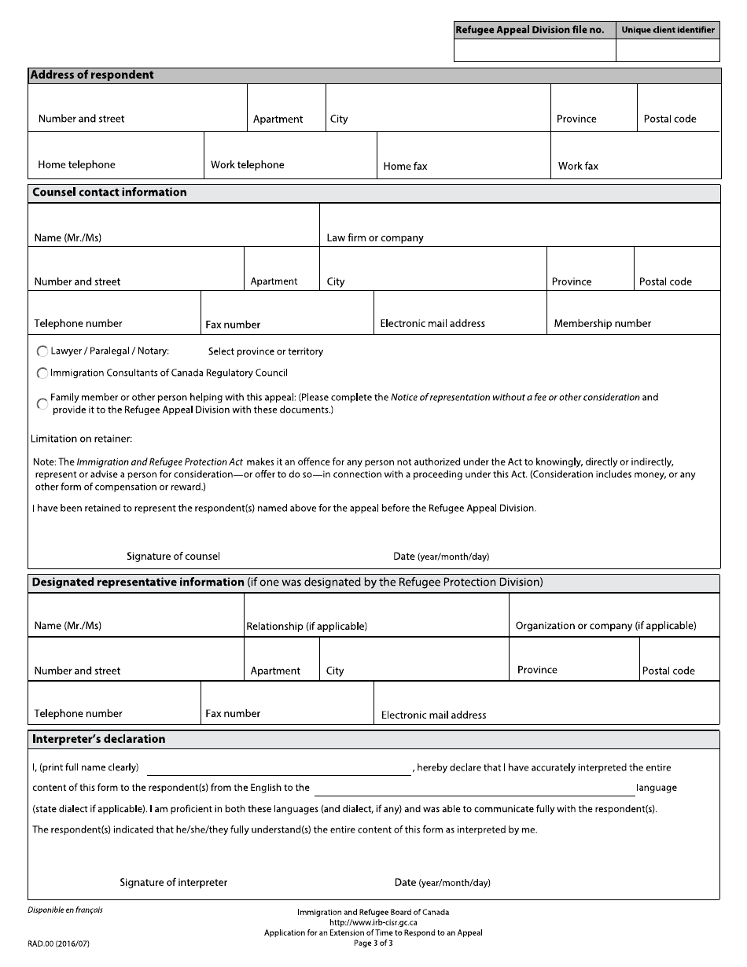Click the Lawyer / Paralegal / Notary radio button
pyautogui.click(x=42, y=351)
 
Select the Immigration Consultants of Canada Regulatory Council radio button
pyautogui.click(x=42, y=373)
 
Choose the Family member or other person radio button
pyautogui.click(x=42, y=404)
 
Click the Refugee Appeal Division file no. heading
pyautogui.click(x=530, y=30)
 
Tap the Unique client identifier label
pyautogui.click(x=668, y=30)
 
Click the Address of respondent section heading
pyautogui.click(x=92, y=75)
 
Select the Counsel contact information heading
pyautogui.click(x=109, y=193)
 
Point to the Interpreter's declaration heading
pyautogui.click(x=98, y=740)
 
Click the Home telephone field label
pyautogui.click(x=76, y=165)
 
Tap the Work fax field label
pyautogui.click(x=578, y=166)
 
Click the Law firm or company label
pyautogui.click(x=375, y=238)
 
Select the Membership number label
pyautogui.click(x=602, y=324)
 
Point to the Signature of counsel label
pyautogui.click(x=173, y=557)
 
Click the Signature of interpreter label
pyautogui.click(x=173, y=883)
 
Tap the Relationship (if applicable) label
pyautogui.click(x=307, y=627)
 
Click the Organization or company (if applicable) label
pyautogui.click(x=605, y=626)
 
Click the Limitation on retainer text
pyautogui.click(x=82, y=439)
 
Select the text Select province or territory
pyautogui.click(x=265, y=351)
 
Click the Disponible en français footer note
pyautogui.click(x=64, y=910)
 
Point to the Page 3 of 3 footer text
pyautogui.click(x=373, y=943)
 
